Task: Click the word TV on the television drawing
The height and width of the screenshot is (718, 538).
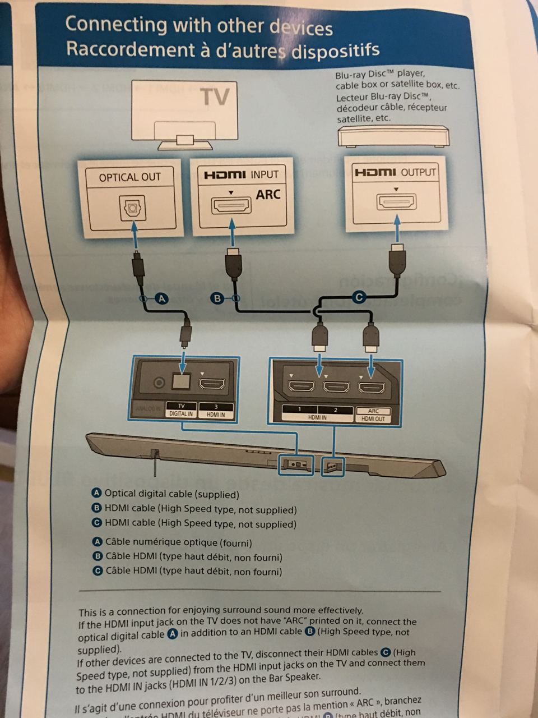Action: (216, 96)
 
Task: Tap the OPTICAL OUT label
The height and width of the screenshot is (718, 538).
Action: (130, 177)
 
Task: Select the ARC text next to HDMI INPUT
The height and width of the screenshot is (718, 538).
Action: (267, 195)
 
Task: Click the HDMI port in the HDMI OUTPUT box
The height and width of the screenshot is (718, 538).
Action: (396, 202)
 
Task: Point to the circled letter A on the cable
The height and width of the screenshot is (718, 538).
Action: (161, 299)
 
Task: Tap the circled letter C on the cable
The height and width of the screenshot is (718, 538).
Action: (359, 297)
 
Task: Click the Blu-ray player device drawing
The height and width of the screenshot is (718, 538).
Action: (393, 136)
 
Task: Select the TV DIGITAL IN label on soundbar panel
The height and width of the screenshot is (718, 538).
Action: (181, 410)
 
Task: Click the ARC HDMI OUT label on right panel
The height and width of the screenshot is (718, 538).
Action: (373, 415)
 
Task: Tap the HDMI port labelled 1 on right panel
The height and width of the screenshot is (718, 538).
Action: (301, 386)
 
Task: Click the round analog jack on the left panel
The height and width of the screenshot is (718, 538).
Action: (159, 383)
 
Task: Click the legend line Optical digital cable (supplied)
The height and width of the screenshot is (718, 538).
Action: (171, 494)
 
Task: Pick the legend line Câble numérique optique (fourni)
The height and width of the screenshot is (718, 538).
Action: (178, 542)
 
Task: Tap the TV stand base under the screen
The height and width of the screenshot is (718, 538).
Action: (185, 145)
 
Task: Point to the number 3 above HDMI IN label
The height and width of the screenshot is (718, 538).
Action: (216, 407)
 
